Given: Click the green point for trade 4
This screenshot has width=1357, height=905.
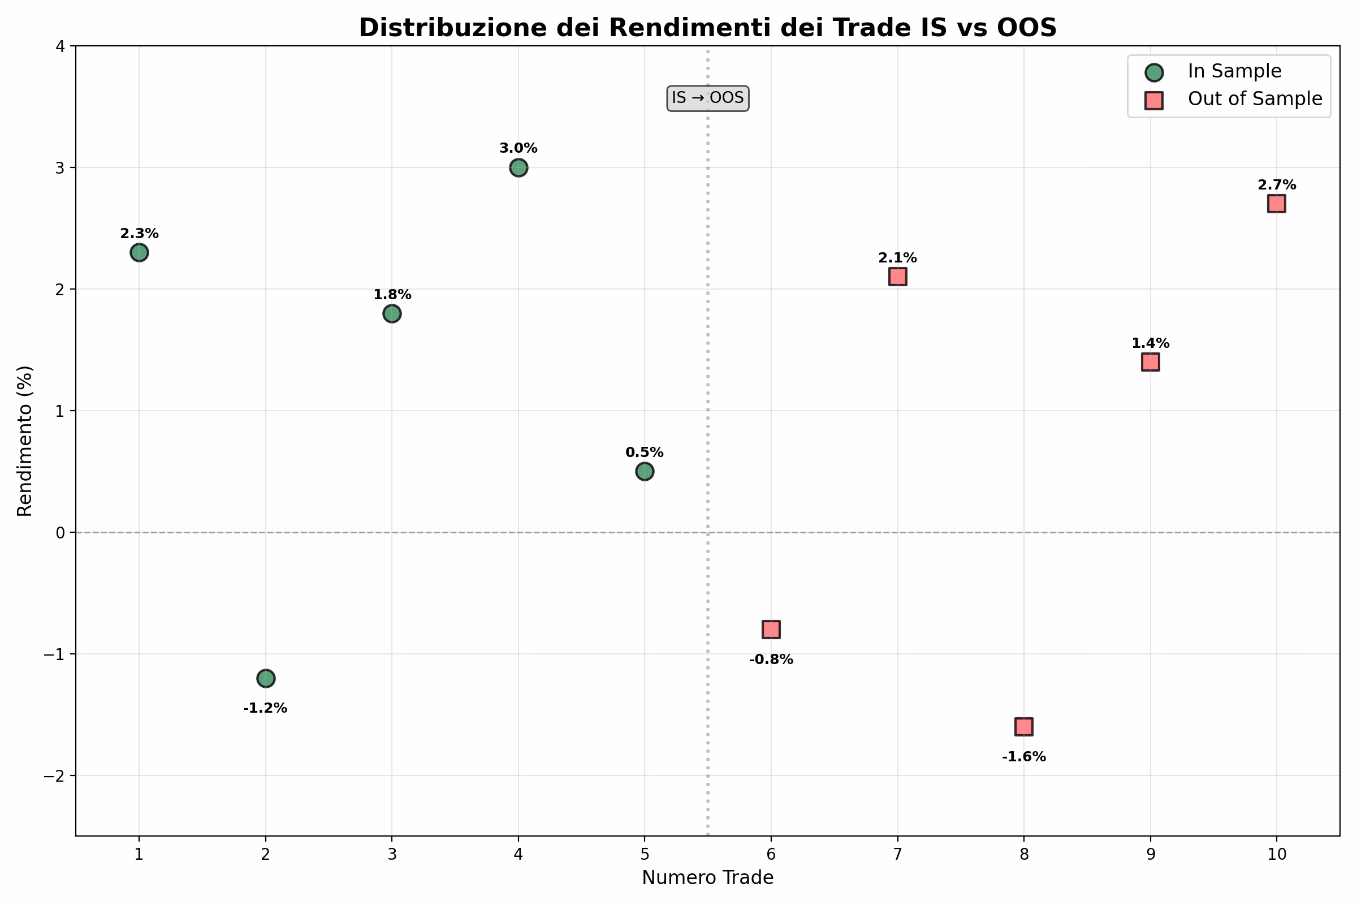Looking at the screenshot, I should point(518,168).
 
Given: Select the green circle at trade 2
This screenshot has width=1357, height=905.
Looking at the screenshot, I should point(265,678).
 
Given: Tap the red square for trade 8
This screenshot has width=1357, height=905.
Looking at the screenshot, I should point(1023,727).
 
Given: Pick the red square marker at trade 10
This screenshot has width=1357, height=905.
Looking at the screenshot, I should point(1276,204).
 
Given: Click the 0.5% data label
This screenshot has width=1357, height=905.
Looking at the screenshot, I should point(645,453).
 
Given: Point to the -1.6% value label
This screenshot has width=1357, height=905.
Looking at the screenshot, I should point(1023,757).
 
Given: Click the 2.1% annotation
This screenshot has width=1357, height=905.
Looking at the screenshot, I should point(897,258).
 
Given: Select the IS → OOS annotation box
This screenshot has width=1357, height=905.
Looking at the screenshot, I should point(707,98).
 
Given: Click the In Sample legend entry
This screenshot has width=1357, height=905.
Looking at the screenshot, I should point(1234,71).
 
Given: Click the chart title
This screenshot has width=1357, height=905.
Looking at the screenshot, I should point(707,28).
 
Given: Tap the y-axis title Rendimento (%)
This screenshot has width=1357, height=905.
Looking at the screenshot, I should point(25,441).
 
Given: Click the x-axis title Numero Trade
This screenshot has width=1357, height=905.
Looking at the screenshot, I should point(707,878).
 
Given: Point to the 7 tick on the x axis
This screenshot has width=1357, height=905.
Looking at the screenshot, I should point(897,854).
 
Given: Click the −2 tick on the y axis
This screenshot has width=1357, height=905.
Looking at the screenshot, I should point(56,776).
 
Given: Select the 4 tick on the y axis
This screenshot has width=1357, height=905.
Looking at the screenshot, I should point(60,46).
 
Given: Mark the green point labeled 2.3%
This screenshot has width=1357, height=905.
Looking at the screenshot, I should point(139,252).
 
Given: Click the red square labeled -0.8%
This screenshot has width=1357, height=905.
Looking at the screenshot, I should point(771,630).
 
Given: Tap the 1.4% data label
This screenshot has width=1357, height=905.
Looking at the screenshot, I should point(1150,343).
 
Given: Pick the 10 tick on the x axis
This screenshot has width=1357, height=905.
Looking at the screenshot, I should point(1276,854).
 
